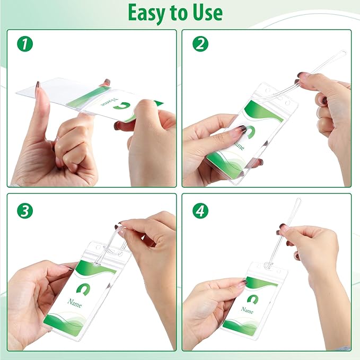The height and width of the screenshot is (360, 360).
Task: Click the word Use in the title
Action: [207, 13]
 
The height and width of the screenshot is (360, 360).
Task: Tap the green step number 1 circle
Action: [25, 44]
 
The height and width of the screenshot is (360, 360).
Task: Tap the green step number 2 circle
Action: [200, 44]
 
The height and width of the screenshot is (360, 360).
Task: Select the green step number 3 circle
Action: [25, 211]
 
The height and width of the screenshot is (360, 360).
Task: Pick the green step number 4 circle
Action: [200, 211]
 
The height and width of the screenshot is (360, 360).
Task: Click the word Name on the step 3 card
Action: [75, 303]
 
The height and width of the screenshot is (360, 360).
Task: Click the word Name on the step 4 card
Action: [247, 310]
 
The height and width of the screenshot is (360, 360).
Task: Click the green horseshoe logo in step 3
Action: [83, 289]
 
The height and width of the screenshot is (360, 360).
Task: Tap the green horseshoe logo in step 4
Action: [253, 300]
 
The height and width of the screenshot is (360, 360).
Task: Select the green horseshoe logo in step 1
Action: [122, 106]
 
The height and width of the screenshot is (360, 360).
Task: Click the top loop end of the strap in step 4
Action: [298, 200]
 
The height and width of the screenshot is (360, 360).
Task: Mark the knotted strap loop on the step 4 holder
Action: [267, 266]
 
